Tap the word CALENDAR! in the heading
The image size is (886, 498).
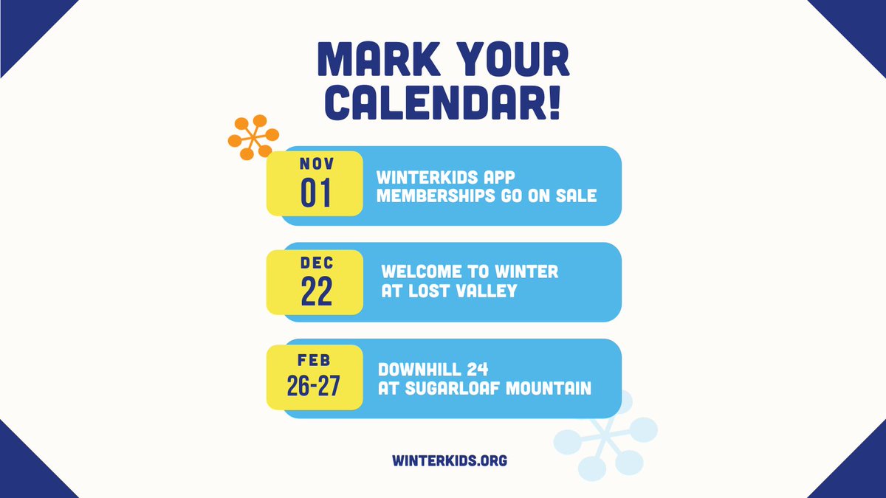pos(443,104)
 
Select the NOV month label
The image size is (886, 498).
pos(316,164)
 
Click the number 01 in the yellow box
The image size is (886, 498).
pos(316,193)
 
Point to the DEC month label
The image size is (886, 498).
pos(316,263)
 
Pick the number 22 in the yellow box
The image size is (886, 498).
pos(316,292)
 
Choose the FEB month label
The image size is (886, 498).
pos(315,361)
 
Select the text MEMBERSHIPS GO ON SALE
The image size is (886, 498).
pos(486,196)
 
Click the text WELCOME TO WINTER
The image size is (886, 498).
pos(470,272)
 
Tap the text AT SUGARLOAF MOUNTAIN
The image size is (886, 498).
pos(484,387)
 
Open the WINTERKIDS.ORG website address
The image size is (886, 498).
pos(450,460)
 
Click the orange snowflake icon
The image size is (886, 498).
pos(253,137)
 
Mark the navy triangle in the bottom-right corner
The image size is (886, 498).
pos(860,472)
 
